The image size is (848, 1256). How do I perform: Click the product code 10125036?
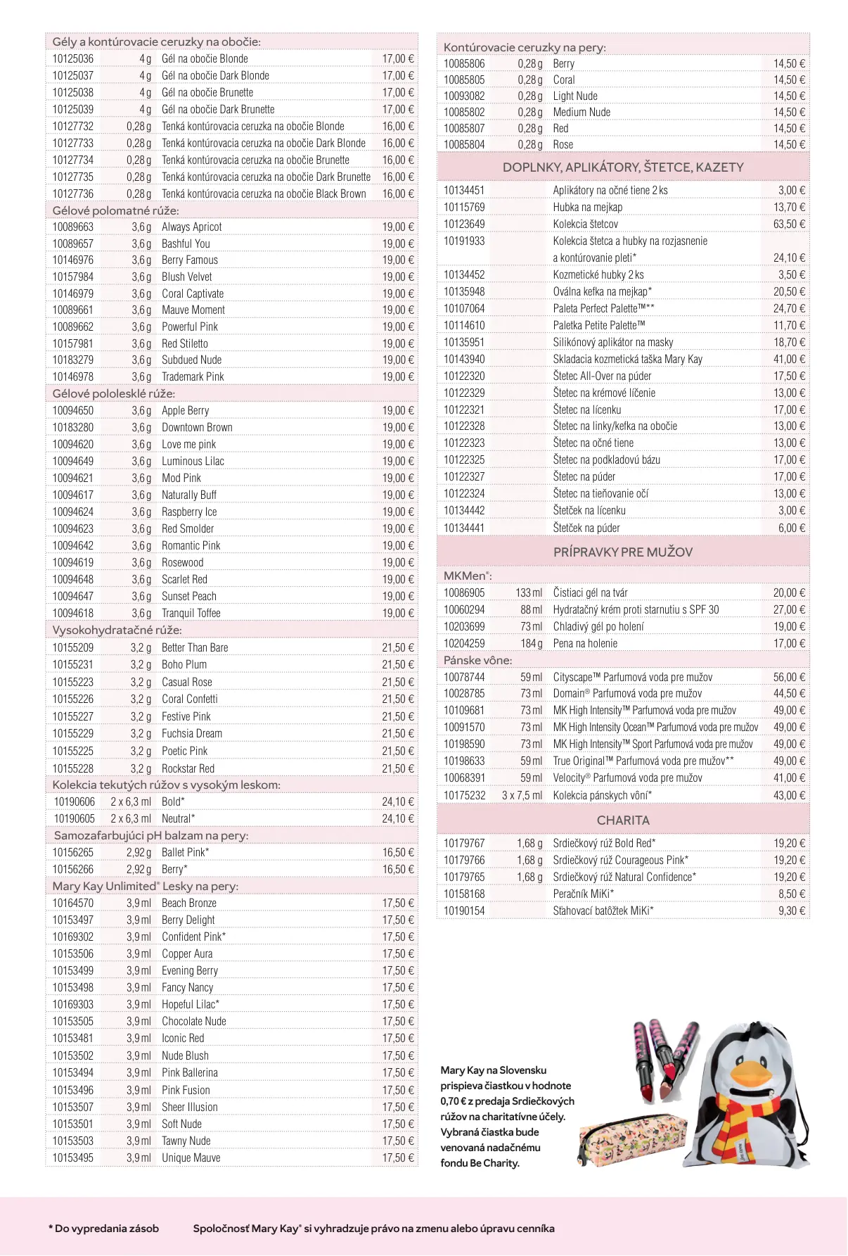[x=72, y=59]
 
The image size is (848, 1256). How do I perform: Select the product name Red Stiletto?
[x=185, y=343]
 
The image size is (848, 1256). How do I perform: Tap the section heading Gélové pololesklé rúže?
[x=113, y=393]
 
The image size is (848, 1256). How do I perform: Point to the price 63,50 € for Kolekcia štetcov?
[x=789, y=224]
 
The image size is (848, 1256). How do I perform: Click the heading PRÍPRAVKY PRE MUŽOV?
[x=622, y=552]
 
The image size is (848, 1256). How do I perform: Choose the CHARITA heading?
[x=623, y=820]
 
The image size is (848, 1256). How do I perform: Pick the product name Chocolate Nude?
[x=194, y=1022]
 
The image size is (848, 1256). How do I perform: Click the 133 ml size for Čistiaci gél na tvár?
[x=529, y=593]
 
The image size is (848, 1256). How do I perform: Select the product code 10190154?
[x=464, y=911]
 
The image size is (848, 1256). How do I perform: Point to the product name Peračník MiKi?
[x=583, y=894]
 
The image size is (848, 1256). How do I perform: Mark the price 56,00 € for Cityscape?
[x=789, y=678]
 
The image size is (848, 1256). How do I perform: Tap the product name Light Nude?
[x=575, y=96]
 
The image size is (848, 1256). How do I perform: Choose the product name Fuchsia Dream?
[x=192, y=734]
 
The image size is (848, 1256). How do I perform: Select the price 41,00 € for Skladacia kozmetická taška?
[x=789, y=360]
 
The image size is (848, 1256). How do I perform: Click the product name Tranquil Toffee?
[x=191, y=614]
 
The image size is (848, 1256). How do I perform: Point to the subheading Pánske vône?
[x=477, y=660]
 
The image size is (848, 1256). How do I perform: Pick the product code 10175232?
[x=464, y=795]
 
